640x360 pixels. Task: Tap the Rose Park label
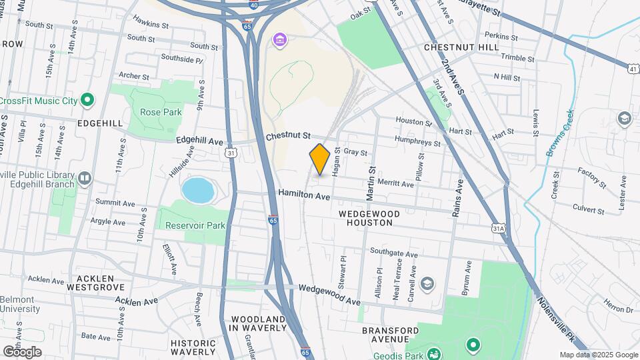[x=161, y=112]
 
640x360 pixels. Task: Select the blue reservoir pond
[x=198, y=191]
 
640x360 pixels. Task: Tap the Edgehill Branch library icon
[x=85, y=177]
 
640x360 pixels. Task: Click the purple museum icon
[x=279, y=41]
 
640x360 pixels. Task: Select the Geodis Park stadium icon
[x=434, y=353]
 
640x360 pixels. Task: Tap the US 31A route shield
[x=498, y=229]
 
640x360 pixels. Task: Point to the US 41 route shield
[x=633, y=68]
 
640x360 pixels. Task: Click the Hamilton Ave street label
[x=304, y=196]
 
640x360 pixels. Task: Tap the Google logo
[x=21, y=351]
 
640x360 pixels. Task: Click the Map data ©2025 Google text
[x=597, y=355]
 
